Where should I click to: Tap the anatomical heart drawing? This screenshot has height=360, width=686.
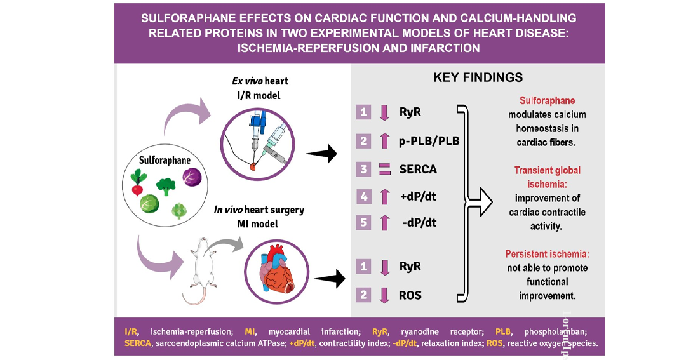[276, 270]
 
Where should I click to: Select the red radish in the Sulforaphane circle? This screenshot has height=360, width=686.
[138, 183]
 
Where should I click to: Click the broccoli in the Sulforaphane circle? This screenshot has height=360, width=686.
[166, 187]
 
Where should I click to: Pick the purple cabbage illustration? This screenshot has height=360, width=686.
[192, 177]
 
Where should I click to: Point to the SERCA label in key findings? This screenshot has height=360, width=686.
[418, 170]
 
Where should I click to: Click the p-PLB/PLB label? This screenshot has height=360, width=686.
[429, 141]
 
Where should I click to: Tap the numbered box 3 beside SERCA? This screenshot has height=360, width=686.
[363, 169]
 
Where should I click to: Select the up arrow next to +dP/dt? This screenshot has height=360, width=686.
[384, 197]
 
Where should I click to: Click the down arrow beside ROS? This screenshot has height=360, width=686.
[384, 295]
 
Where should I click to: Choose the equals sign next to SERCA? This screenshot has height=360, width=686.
[384, 169]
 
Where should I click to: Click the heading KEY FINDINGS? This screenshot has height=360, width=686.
[478, 77]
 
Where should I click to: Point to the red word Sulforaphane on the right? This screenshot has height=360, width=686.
[547, 100]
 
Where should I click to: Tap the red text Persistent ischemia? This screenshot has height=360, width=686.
[547, 254]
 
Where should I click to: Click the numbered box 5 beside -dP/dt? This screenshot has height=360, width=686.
[363, 223]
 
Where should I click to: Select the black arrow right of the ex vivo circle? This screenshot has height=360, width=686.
[321, 154]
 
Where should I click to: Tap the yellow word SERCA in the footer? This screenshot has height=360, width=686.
[137, 343]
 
